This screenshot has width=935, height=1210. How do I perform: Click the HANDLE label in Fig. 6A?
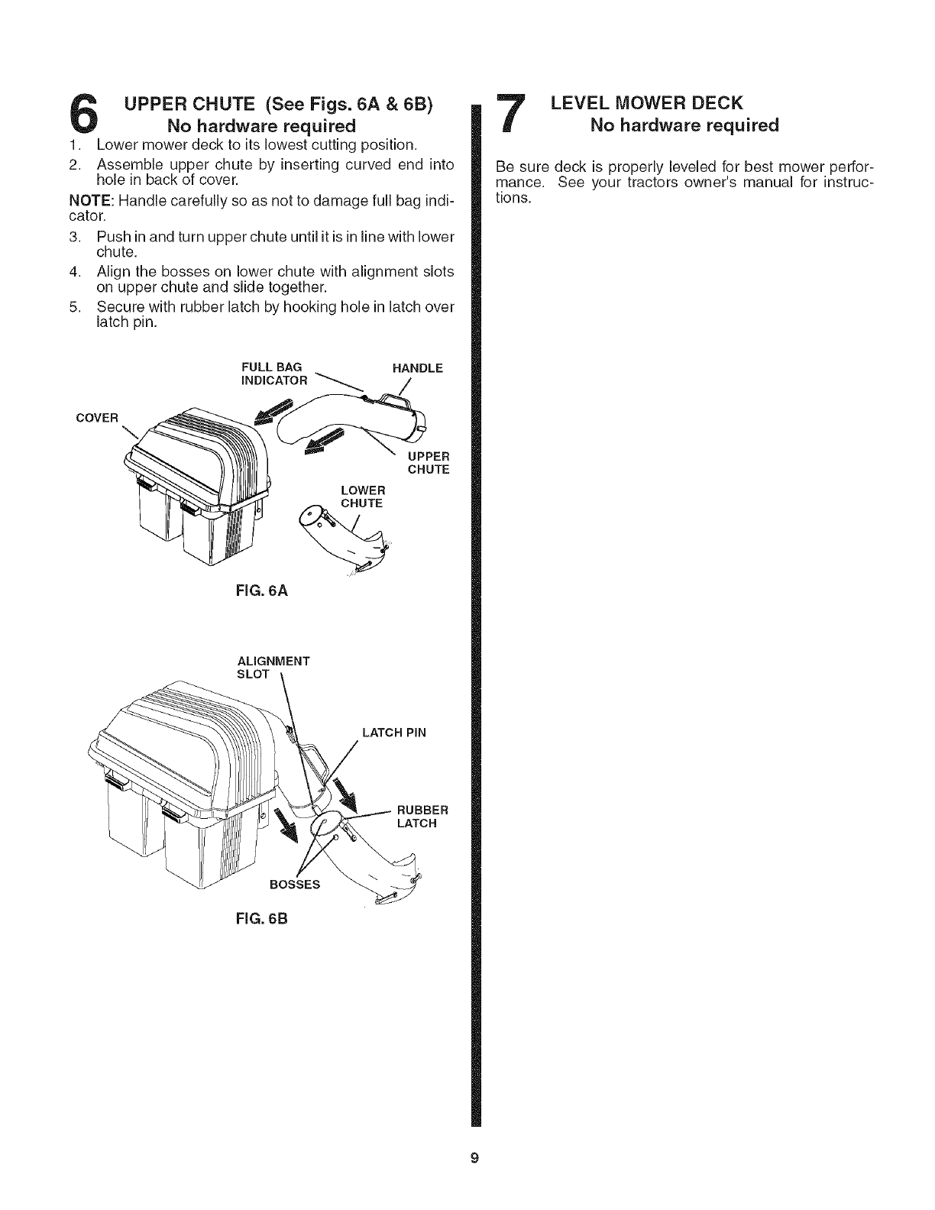coord(417,368)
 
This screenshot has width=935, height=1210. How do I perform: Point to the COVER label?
coord(97,418)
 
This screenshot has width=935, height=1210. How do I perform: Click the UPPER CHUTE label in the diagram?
coord(428,463)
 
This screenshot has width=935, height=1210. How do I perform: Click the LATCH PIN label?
coord(394,733)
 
